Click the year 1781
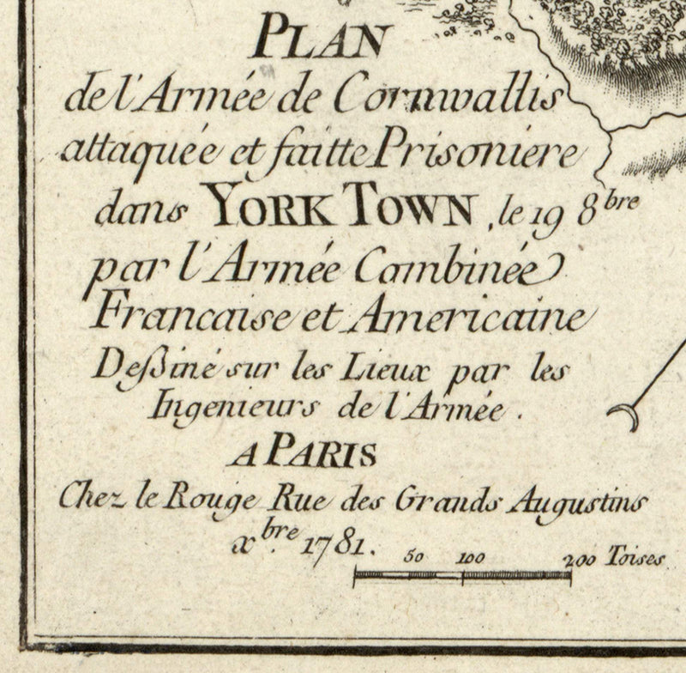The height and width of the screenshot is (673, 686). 344,543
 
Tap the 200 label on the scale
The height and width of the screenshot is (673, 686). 580,560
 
